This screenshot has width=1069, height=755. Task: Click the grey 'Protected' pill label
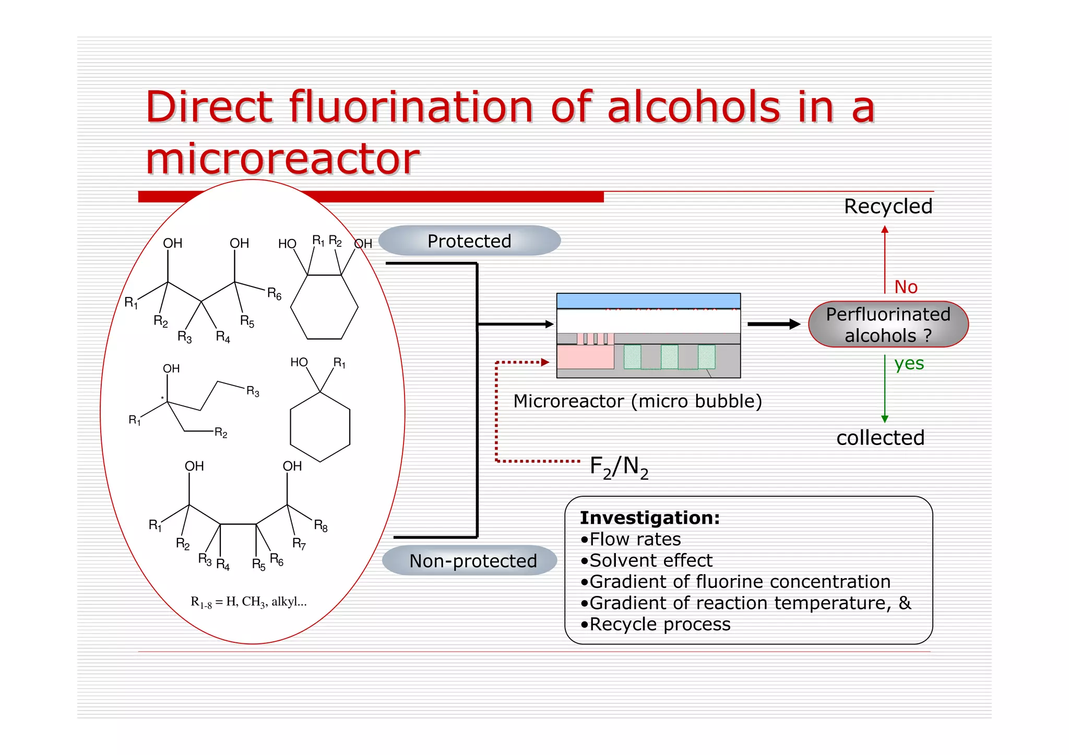[469, 241]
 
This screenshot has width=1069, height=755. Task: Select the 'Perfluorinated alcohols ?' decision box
[888, 325]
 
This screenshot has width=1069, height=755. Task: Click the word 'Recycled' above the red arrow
[888, 207]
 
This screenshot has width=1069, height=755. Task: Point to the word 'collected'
[880, 438]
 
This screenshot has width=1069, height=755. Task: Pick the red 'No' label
[906, 287]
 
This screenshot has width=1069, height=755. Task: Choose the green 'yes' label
[909, 363]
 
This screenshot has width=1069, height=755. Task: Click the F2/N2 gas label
[619, 466]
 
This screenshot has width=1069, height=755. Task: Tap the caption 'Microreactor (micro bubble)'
[637, 401]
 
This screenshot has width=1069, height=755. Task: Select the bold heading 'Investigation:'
[650, 518]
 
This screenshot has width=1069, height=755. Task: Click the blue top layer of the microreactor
[648, 301]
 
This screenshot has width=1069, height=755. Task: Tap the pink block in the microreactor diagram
[585, 357]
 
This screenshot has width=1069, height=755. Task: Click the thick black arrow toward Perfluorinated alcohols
[774, 324]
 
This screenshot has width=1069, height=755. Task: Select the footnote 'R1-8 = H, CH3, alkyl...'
[248, 602]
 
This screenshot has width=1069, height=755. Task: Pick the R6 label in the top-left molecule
[274, 294]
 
